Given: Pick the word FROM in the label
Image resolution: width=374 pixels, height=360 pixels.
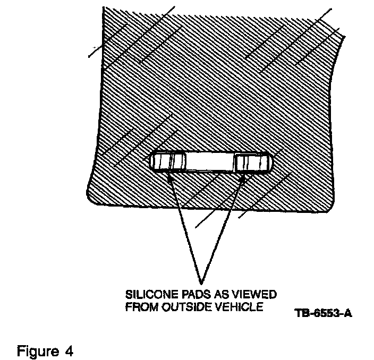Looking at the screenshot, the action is tap(138, 306).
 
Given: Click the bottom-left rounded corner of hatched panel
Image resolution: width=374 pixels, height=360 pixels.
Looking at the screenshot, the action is tap(91, 198).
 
